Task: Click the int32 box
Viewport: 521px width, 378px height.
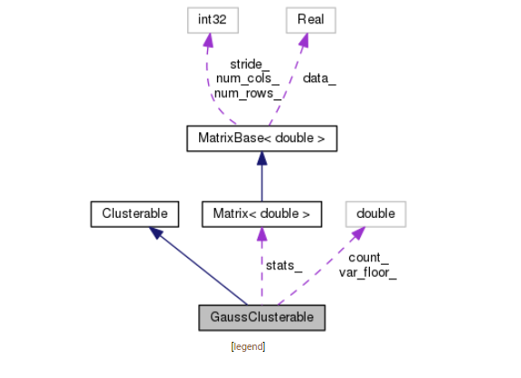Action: [207, 21]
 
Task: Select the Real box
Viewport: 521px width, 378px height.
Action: [310, 21]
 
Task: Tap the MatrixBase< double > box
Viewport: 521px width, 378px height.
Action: [260, 138]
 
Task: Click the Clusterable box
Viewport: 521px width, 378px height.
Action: [136, 213]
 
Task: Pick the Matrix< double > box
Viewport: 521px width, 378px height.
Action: [260, 213]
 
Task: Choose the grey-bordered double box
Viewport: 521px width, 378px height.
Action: [375, 213]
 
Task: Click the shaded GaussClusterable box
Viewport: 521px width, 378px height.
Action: [260, 318]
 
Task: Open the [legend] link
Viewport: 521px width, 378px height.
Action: [248, 346]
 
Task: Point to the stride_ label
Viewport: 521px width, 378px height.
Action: [249, 64]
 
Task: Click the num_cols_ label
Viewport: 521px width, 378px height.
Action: [248, 79]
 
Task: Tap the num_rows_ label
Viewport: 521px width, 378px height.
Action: [248, 93]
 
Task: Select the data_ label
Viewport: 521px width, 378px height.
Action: [318, 79]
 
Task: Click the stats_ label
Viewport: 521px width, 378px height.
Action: [283, 264]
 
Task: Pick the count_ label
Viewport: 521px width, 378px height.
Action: [368, 257]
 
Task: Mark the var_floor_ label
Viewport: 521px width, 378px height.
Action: [368, 271]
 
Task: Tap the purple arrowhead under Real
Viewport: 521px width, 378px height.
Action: [306, 40]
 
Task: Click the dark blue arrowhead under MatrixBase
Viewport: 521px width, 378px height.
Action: [260, 157]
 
